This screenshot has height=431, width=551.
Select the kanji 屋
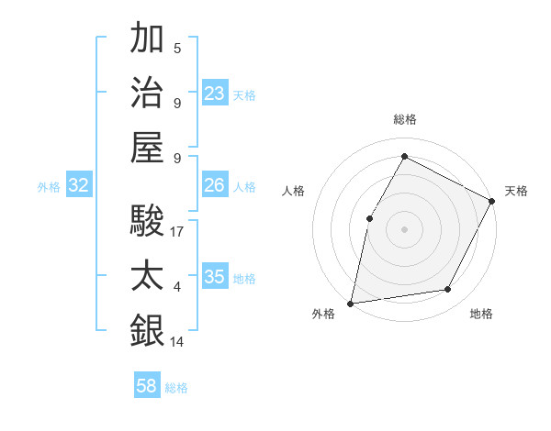click(147, 147)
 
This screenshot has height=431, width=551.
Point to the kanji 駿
click(147, 221)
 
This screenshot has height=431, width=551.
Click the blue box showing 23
click(215, 94)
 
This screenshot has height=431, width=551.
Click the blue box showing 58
click(147, 386)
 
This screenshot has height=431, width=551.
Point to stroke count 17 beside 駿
click(177, 232)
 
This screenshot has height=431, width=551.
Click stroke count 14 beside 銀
click(177, 342)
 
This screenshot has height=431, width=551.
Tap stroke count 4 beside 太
click(177, 287)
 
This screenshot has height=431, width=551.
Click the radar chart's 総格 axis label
click(404, 119)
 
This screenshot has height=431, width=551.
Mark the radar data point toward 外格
click(350, 303)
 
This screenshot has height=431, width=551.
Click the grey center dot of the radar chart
click(404, 228)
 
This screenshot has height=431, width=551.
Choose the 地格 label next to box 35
click(245, 279)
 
